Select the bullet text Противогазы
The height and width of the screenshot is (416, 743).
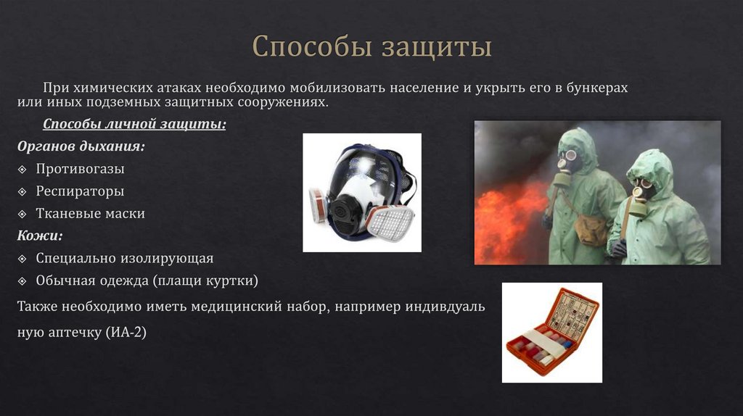click(81, 169)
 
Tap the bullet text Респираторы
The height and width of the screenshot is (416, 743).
click(80, 191)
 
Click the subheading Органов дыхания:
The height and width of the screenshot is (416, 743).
click(81, 146)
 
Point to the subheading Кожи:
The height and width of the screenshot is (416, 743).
click(40, 236)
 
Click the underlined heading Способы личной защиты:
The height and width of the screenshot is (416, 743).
click(134, 124)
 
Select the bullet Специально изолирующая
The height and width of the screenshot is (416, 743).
click(125, 258)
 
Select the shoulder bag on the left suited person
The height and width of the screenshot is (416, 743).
click(590, 229)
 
